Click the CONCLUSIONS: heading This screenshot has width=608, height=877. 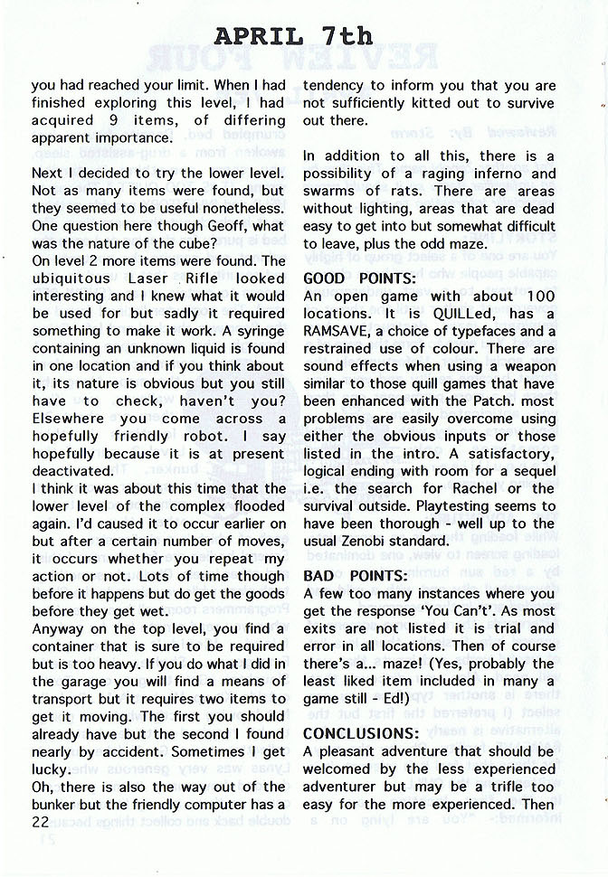point(361,733)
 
